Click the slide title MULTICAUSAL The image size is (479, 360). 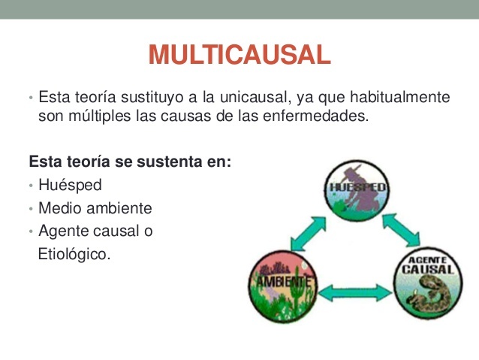pos(239,55)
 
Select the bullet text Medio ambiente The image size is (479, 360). pos(95,208)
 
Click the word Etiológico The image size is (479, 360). pos(74,254)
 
